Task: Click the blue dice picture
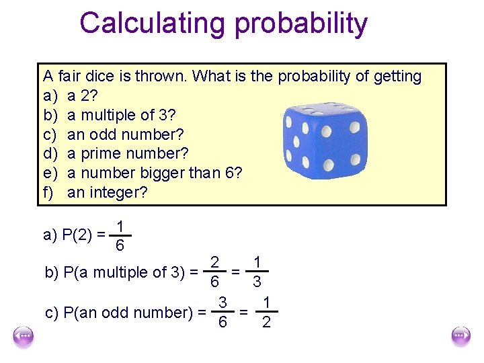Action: pyautogui.click(x=325, y=140)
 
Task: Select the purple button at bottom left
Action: pyautogui.click(x=24, y=335)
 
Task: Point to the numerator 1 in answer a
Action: pyautogui.click(x=119, y=227)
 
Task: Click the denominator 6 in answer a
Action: pyautogui.click(x=119, y=246)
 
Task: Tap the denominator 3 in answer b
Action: pyautogui.click(x=257, y=282)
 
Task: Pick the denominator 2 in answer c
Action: pyautogui.click(x=266, y=323)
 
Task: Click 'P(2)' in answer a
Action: pyautogui.click(x=77, y=235)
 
